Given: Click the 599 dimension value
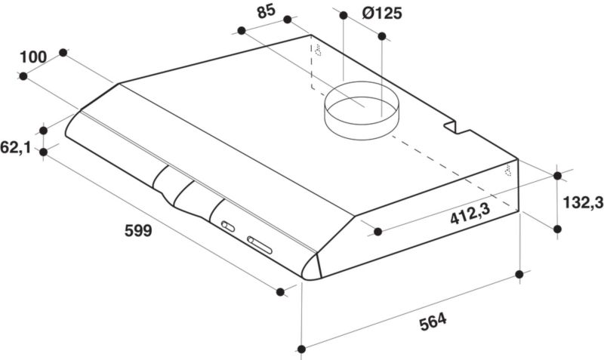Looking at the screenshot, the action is (138, 231).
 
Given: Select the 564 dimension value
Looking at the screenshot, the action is (433, 322).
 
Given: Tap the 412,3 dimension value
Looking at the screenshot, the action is (470, 214).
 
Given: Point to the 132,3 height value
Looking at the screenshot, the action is (583, 202).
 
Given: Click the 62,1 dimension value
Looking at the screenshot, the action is (15, 147).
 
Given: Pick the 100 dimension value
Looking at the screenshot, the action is (33, 57).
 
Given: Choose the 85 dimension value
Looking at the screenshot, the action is (267, 11).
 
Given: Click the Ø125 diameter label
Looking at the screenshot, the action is (382, 14).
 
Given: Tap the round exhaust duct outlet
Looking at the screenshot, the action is (362, 110).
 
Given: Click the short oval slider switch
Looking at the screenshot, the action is (228, 226).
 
